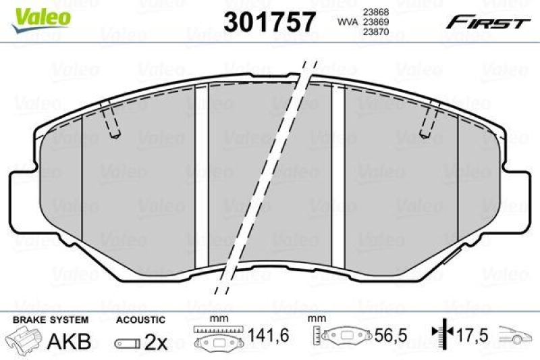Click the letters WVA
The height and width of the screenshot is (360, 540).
347,21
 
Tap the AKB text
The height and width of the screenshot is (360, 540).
69,341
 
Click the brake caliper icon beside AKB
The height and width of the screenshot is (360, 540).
24,342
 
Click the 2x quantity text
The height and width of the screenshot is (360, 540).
157,342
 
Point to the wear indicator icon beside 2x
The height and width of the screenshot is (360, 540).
127,343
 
